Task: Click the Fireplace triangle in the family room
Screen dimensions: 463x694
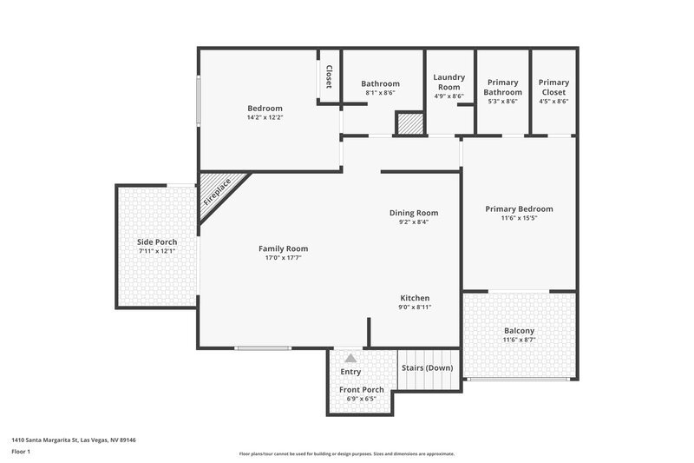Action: [x=217, y=191]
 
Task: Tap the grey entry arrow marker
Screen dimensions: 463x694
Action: [x=350, y=357]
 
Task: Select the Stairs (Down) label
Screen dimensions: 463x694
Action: [x=427, y=367]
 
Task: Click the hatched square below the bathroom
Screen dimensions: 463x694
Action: [x=409, y=123]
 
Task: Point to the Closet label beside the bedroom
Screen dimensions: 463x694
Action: [x=329, y=77]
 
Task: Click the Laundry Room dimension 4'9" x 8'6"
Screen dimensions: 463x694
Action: [x=448, y=96]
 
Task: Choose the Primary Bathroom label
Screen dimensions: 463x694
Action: [x=503, y=87]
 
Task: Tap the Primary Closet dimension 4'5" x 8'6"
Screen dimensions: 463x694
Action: [x=553, y=102]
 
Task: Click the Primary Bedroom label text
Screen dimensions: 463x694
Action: [x=519, y=208]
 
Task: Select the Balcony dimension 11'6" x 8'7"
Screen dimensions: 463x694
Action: [x=520, y=340]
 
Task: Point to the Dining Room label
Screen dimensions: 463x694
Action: [x=413, y=212]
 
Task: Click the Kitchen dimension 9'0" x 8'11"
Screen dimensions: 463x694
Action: [x=414, y=307]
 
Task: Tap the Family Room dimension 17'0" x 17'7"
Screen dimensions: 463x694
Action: [x=283, y=257]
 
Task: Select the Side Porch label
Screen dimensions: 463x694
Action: [x=157, y=241]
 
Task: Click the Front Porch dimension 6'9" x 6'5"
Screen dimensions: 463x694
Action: [x=361, y=399]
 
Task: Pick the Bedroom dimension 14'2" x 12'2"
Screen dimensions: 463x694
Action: [x=265, y=117]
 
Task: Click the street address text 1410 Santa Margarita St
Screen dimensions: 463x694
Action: [x=73, y=440]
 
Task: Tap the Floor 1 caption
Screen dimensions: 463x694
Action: [x=22, y=452]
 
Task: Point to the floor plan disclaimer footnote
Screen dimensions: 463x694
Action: [x=346, y=453]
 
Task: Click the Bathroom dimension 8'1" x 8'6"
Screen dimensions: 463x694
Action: [x=380, y=93]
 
